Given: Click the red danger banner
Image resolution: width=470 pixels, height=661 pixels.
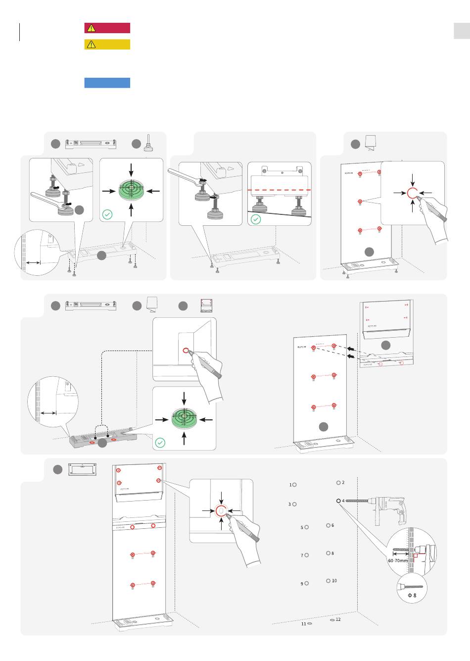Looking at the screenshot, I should (x=107, y=28).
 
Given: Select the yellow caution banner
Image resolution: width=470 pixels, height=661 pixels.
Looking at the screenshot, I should (x=107, y=45).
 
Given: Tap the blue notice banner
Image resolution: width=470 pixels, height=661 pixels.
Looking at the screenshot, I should (x=107, y=83).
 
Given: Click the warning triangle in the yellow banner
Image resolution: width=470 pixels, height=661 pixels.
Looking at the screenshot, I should (x=91, y=45).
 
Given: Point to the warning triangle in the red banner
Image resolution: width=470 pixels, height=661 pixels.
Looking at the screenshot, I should (x=91, y=28).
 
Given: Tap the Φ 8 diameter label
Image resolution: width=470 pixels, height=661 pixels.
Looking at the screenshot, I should (x=412, y=595).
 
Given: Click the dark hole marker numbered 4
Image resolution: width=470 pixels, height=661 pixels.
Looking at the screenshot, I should (x=338, y=501).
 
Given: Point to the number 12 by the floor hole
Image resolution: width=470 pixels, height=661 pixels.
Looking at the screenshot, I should (x=338, y=619).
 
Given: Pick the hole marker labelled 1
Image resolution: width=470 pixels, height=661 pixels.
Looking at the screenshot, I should (x=294, y=485).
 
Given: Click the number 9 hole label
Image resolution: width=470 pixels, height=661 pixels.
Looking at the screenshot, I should (x=302, y=584).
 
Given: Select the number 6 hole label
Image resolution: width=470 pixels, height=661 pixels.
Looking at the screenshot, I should (x=332, y=525).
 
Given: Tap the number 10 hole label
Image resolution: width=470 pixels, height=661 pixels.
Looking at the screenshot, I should (x=334, y=581).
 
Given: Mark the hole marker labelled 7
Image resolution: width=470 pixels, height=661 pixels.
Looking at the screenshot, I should (x=307, y=555).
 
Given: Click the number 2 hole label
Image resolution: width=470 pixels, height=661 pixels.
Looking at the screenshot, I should (x=343, y=483).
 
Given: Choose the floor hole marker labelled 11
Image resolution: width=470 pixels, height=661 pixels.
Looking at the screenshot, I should (x=309, y=624).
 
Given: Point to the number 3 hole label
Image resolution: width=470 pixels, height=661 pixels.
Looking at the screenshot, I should (x=289, y=505).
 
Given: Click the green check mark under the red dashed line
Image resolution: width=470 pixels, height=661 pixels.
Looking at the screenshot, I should (x=256, y=219).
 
